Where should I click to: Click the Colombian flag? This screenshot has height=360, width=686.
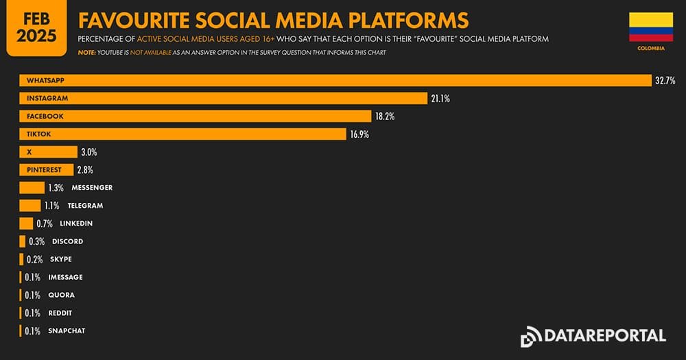[x=651, y=27]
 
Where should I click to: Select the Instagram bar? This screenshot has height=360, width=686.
[x=222, y=99]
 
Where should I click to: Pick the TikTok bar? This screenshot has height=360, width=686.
[x=182, y=134]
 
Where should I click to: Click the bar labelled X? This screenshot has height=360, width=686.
[x=48, y=152]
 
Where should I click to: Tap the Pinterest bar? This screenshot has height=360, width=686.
[x=47, y=170]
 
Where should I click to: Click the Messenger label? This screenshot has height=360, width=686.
[x=92, y=188]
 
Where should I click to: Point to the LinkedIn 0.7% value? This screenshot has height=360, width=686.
[x=45, y=224]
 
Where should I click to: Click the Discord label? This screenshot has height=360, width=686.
[x=67, y=241]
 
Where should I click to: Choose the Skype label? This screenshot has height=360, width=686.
[x=60, y=259]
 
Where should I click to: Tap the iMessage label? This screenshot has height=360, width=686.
[x=65, y=277]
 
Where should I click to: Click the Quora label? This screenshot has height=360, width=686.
[x=61, y=295]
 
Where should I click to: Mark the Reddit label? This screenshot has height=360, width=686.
[x=60, y=313]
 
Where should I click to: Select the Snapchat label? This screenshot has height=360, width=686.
[x=67, y=331]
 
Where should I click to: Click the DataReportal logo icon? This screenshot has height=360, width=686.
[x=531, y=337]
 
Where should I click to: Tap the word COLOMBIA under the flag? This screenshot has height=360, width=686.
[x=651, y=49]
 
